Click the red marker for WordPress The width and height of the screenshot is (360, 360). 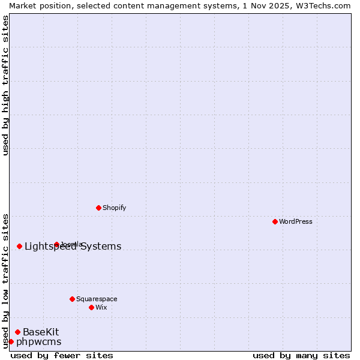click(275, 221)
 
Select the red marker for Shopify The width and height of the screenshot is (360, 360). click(98, 208)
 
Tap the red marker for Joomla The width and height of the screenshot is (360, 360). click(56, 244)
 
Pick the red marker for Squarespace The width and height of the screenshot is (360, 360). click(72, 299)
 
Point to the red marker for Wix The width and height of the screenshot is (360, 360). click(91, 307)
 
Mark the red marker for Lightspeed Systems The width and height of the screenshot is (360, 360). click(19, 246)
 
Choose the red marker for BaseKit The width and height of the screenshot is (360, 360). click(17, 332)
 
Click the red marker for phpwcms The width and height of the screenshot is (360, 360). click(11, 341)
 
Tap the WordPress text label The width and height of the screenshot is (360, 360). click(296, 221)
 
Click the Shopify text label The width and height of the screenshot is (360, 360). click(114, 208)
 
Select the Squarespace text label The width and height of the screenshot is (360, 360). click(97, 299)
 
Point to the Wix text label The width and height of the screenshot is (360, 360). click(101, 307)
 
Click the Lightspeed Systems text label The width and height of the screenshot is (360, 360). click(73, 246)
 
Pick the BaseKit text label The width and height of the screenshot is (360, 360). click(41, 332)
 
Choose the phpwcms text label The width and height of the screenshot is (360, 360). click(38, 341)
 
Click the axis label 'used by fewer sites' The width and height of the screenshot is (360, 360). click(62, 355)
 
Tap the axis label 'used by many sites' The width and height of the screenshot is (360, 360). click(301, 355)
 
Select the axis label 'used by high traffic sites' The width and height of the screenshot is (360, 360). click(5, 85)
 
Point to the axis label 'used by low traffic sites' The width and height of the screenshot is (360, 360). click(5, 280)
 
